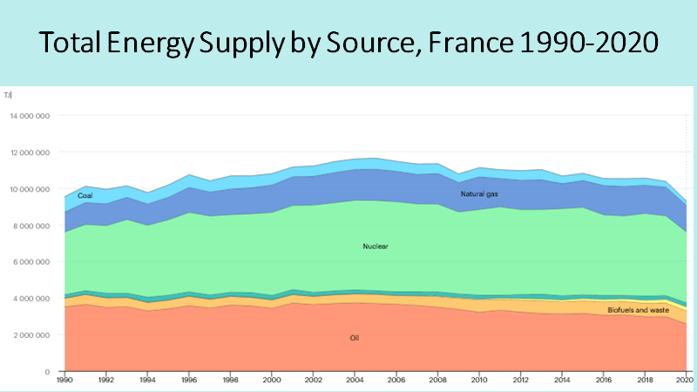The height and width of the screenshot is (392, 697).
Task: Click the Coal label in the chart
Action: tap(85, 196)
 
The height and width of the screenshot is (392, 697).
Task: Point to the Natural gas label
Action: tap(480, 193)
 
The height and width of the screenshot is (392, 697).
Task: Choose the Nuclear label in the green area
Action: tap(375, 247)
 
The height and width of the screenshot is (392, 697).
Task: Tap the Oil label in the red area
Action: tap(355, 337)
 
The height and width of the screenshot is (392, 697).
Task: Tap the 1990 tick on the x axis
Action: tap(64, 382)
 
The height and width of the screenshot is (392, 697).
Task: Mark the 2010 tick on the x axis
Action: tap(477, 382)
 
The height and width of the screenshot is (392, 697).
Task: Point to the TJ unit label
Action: tap(7, 95)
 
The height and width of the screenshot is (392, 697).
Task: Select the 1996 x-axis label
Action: tap(188, 382)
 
